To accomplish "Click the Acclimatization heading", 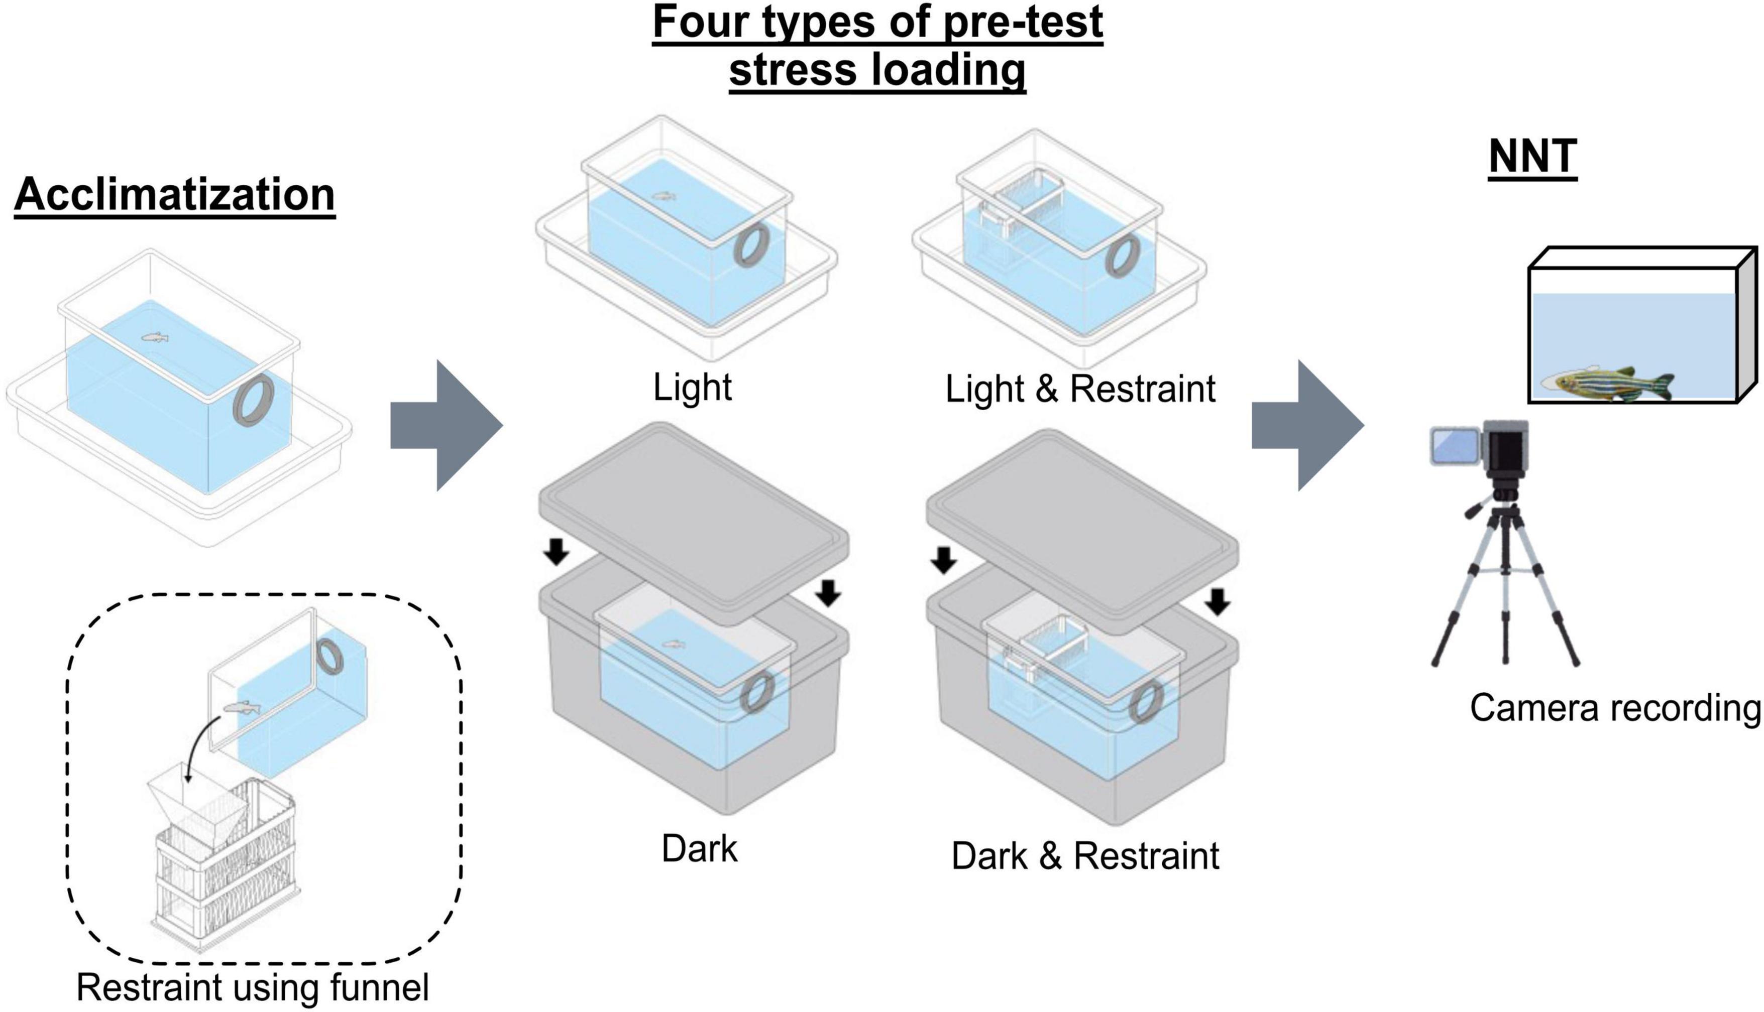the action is [174, 195].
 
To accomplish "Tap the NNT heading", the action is [1532, 157].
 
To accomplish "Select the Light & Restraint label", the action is [1080, 389].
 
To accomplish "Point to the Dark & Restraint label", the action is [1085, 855].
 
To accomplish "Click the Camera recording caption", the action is [1614, 708].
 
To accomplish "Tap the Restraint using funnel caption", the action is [253, 987].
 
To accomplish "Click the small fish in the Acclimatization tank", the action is [155, 338].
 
